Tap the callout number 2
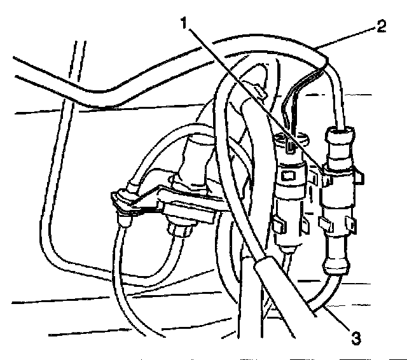click(380, 26)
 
